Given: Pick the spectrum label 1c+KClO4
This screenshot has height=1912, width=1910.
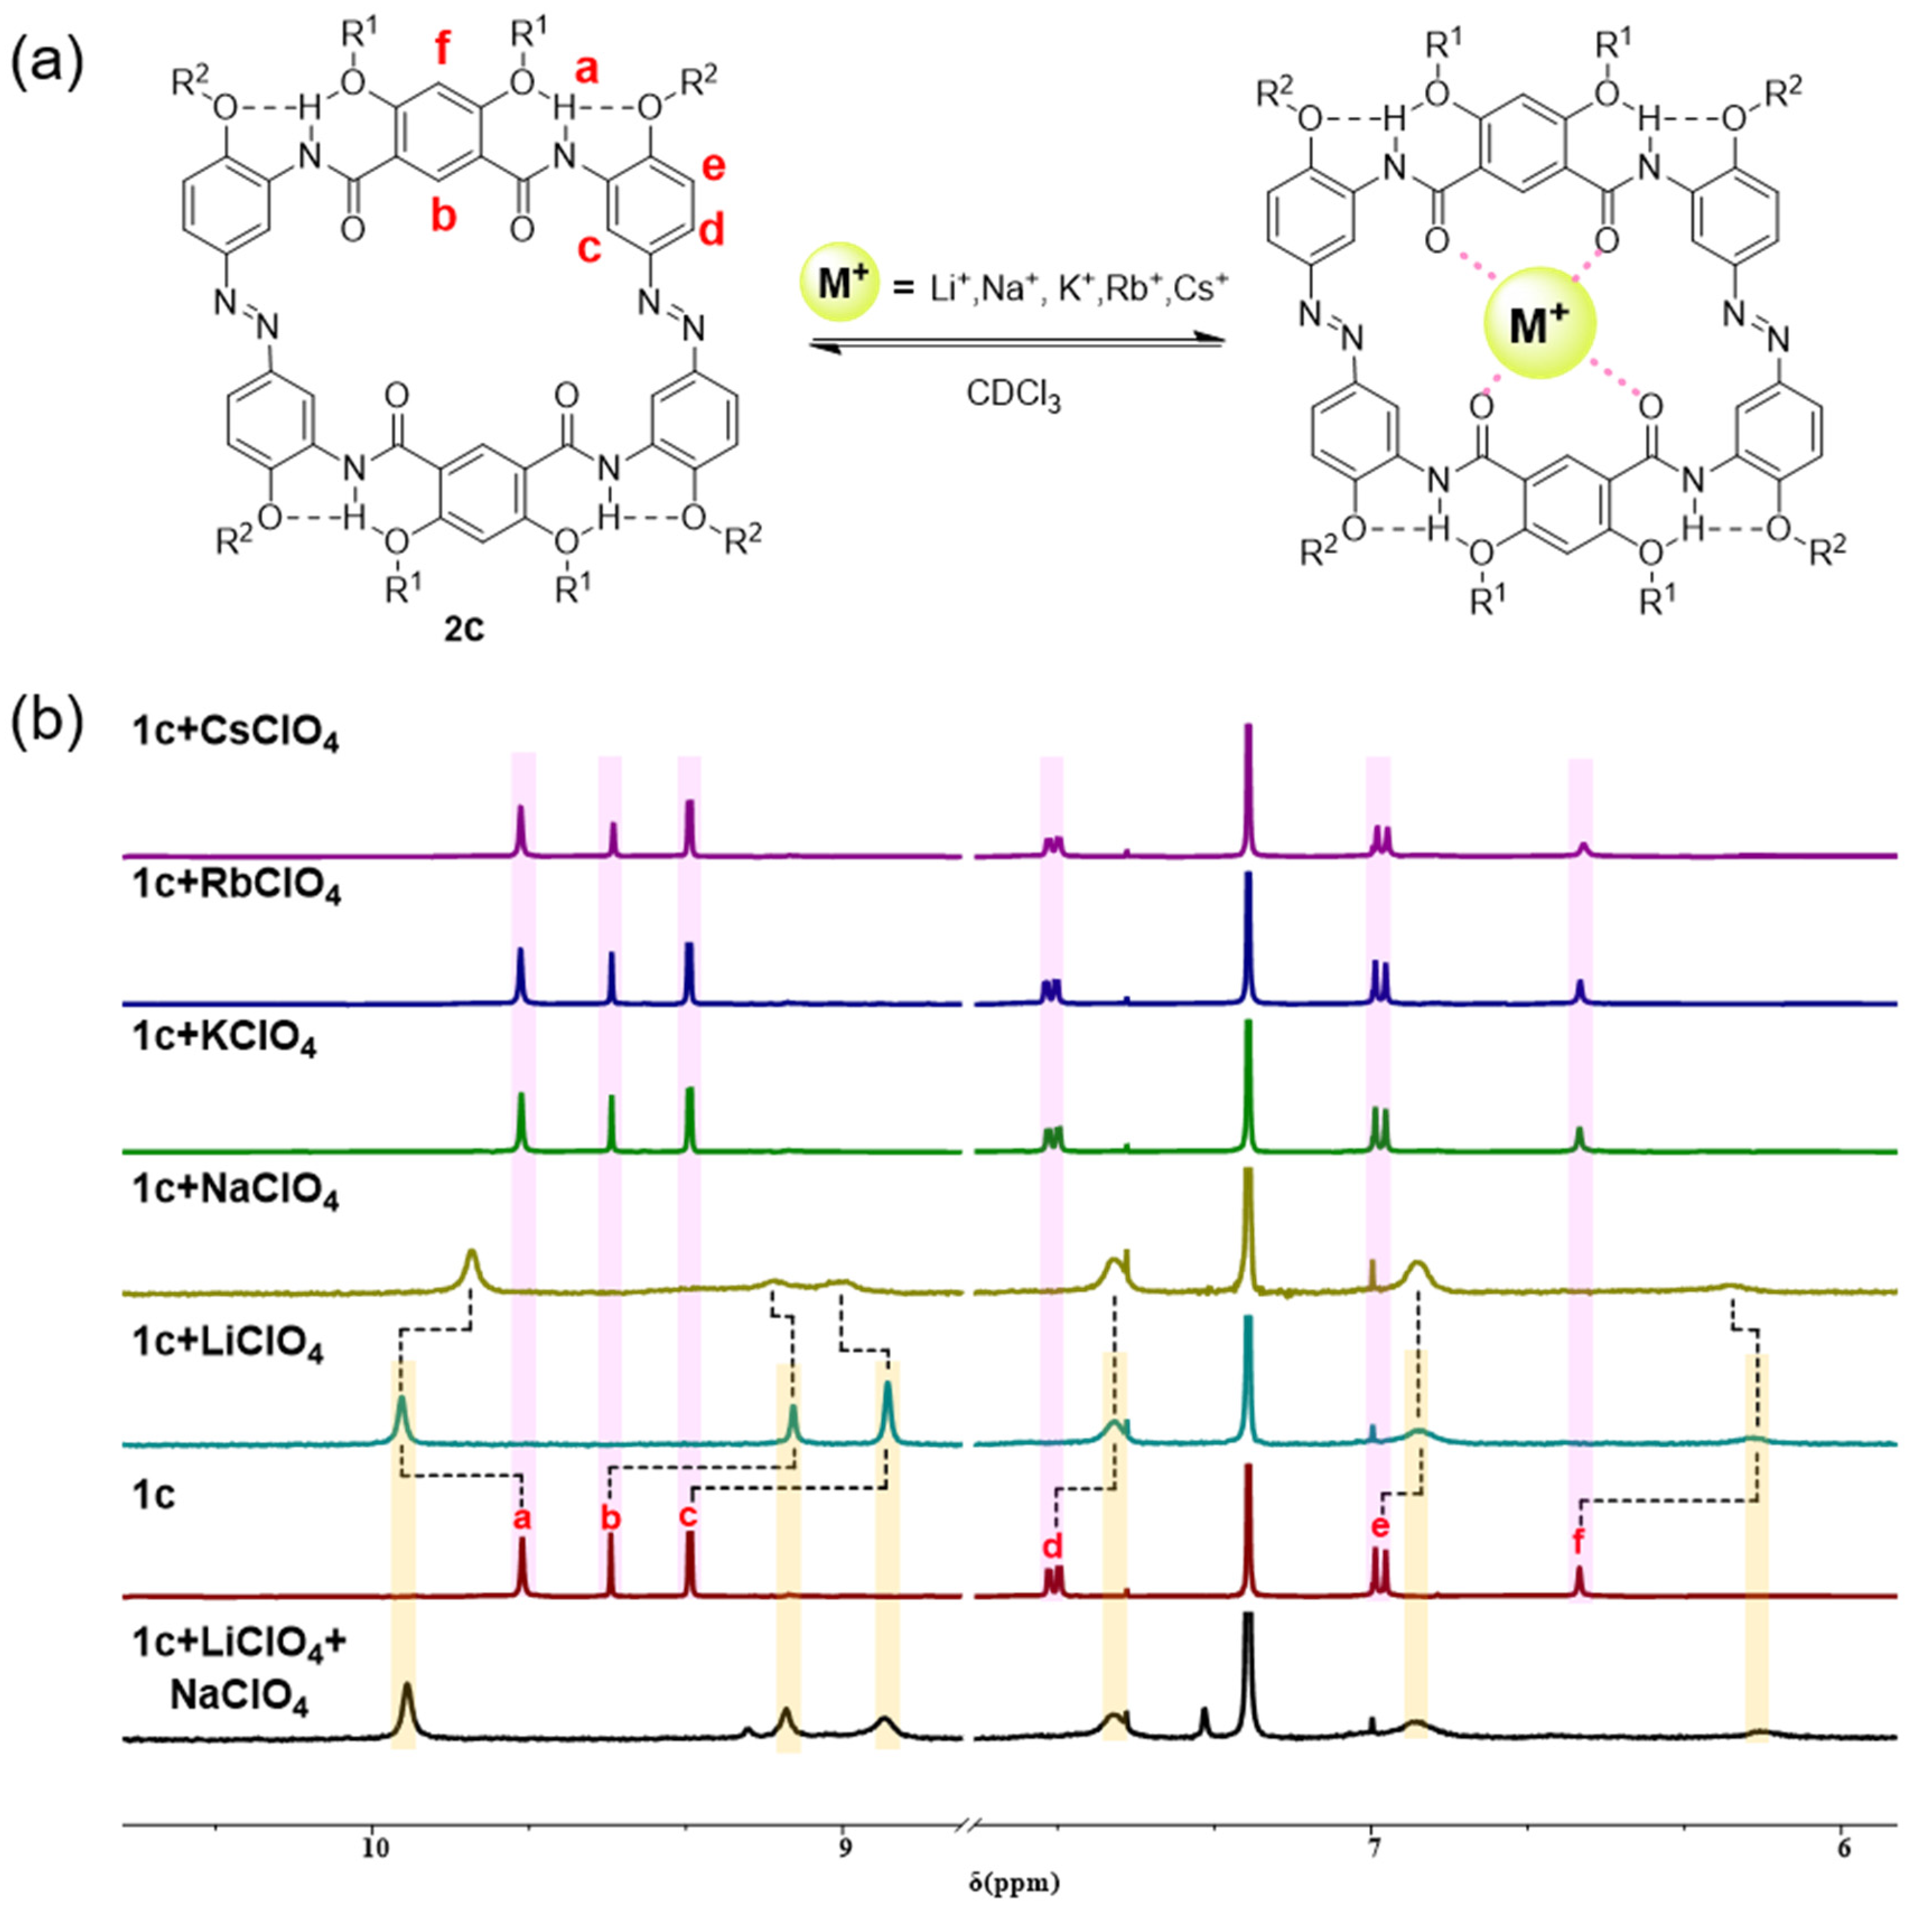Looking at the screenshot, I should coord(223,1041).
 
